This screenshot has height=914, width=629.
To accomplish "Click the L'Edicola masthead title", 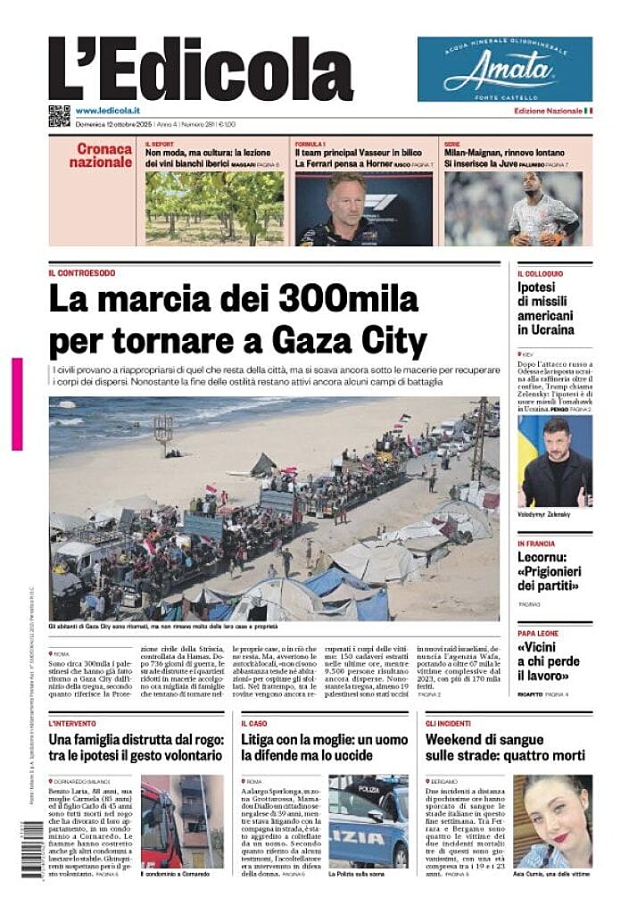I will [x=201, y=69].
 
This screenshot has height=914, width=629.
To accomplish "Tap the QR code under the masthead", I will [x=59, y=115].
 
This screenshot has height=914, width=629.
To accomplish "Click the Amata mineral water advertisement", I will [x=504, y=69].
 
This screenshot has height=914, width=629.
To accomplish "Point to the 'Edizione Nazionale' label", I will [x=548, y=111].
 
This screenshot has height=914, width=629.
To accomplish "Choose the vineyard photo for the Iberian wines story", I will [x=214, y=208].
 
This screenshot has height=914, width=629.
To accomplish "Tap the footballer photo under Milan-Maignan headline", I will [x=513, y=208].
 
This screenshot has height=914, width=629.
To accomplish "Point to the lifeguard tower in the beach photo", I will [x=163, y=433].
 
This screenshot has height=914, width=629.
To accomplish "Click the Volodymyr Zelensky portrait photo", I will [x=555, y=461].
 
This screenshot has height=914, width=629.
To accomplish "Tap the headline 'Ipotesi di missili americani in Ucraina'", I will [x=546, y=308].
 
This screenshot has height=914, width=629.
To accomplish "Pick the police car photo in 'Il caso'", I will [x=368, y=821].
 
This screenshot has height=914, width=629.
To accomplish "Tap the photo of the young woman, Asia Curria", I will [x=551, y=821].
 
